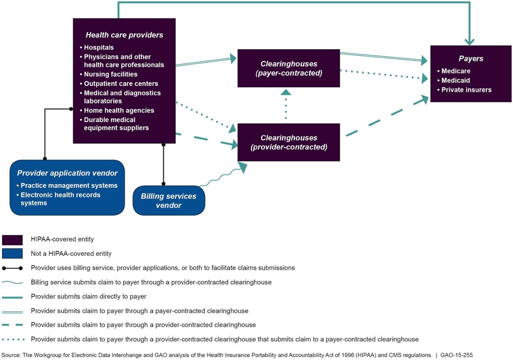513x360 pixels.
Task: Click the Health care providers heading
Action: click(x=124, y=35)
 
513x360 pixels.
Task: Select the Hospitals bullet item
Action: click(x=97, y=48)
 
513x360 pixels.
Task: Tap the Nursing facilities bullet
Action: click(x=109, y=74)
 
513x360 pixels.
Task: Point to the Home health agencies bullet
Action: click(x=117, y=110)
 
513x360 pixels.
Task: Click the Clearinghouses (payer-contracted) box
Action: click(x=289, y=68)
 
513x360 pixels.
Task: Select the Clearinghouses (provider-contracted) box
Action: click(x=289, y=142)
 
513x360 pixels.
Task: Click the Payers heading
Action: click(x=471, y=59)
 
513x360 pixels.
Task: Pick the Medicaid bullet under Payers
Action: click(x=454, y=80)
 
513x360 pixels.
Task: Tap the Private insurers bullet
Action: click(x=464, y=90)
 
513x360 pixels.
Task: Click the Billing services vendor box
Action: click(x=169, y=201)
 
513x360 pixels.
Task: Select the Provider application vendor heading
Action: click(x=68, y=173)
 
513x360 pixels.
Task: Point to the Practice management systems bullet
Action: click(x=67, y=186)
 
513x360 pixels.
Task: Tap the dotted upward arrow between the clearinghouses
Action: click(x=286, y=106)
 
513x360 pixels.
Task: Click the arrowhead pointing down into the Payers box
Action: click(x=469, y=42)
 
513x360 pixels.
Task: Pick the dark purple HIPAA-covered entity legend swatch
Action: click(x=13, y=240)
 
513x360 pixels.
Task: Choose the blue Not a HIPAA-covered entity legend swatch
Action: click(x=13, y=254)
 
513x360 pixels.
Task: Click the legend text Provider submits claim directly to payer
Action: click(x=89, y=296)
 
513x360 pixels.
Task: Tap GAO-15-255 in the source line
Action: click(x=456, y=355)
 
